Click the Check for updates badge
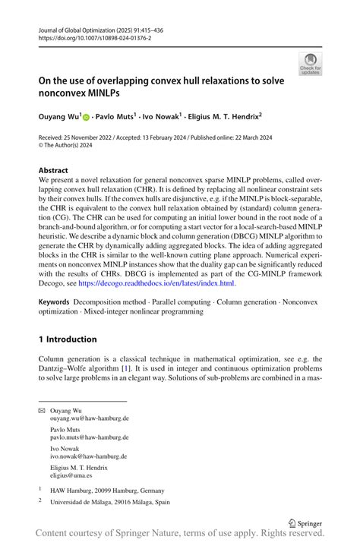[x=310, y=64]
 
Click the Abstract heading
[x=53, y=170]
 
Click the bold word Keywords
[x=57, y=301]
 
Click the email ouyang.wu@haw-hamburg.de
[x=89, y=418]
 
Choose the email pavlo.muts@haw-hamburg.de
[x=89, y=437]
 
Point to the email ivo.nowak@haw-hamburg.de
[x=89, y=456]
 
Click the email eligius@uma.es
[x=71, y=475]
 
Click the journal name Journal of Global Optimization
[x=81, y=27]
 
